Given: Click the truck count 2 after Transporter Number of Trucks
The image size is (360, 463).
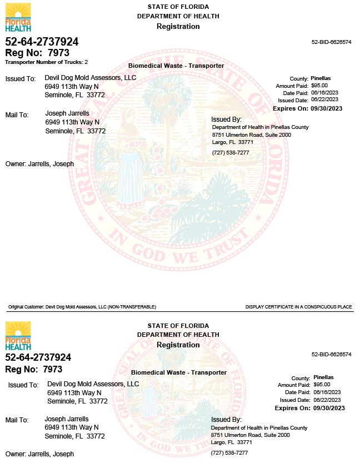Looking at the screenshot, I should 86,62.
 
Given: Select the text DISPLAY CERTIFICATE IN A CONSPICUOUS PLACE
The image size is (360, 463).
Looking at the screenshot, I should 298,307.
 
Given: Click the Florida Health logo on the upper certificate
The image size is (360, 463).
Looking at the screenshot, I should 18,17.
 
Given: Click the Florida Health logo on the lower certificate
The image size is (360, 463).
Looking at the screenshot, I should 18,335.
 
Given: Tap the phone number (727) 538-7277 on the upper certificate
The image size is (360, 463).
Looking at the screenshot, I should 231,152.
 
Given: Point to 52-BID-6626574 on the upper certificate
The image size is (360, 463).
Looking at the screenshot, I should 331,42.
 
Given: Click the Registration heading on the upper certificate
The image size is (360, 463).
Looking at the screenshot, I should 178,27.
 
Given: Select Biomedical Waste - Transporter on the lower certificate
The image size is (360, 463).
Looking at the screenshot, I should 178,372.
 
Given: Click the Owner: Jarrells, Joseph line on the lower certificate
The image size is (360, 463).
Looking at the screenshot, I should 39,454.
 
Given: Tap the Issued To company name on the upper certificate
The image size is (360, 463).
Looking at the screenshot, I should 90,78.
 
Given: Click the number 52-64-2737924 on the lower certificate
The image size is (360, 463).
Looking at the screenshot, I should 38,357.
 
